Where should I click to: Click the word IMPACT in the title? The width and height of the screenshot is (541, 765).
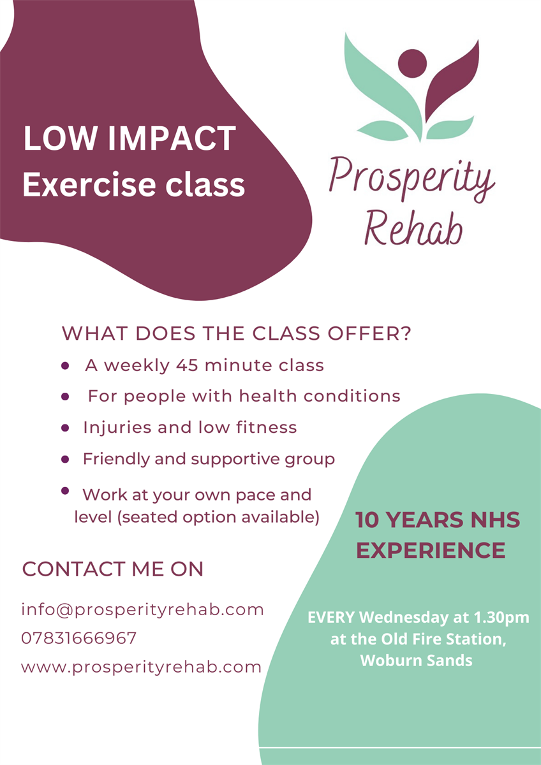click(172, 138)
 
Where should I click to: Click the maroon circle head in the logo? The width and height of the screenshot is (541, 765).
click(413, 64)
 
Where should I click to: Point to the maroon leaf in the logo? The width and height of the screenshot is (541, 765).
click(452, 82)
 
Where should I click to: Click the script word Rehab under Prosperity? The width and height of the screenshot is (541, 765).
click(414, 228)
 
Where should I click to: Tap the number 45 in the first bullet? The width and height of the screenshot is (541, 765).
click(188, 365)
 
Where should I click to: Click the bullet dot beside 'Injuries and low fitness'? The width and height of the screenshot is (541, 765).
click(65, 428)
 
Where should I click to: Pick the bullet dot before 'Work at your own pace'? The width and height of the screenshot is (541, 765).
click(65, 491)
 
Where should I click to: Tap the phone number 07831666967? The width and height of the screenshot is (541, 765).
click(78, 638)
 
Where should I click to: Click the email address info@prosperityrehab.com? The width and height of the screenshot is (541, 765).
click(142, 610)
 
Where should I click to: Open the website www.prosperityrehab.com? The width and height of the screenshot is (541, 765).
click(141, 667)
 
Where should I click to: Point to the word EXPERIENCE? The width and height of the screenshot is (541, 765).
click(431, 550)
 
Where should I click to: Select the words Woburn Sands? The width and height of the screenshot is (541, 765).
click(416, 660)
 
